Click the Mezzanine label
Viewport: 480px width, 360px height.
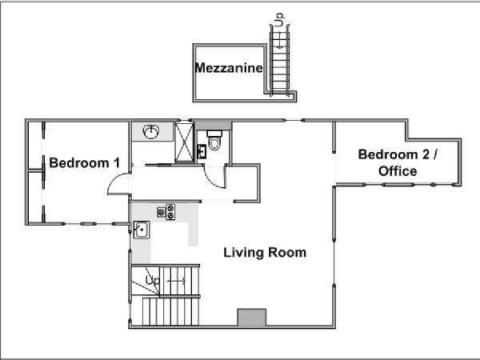click(x=229, y=68)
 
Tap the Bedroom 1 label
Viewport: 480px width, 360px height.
click(x=85, y=163)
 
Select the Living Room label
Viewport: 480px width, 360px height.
click(x=265, y=253)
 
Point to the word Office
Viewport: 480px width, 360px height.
click(x=398, y=171)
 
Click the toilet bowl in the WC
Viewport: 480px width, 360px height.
click(x=214, y=143)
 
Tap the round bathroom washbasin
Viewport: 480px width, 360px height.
click(x=151, y=132)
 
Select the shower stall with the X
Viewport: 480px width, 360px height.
click(x=184, y=142)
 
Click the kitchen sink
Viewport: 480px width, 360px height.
click(x=142, y=230)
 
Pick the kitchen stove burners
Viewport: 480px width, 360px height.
click(x=166, y=212)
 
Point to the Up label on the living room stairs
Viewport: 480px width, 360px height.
click(x=153, y=280)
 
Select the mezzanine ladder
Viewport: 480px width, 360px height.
click(x=279, y=60)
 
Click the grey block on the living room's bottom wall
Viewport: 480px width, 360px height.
click(x=252, y=318)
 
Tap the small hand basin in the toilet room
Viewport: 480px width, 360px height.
click(x=202, y=151)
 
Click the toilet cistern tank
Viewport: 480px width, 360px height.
click(x=214, y=134)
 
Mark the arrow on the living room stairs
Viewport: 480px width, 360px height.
click(x=176, y=281)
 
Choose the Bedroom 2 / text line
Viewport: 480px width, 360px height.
click(x=398, y=154)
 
